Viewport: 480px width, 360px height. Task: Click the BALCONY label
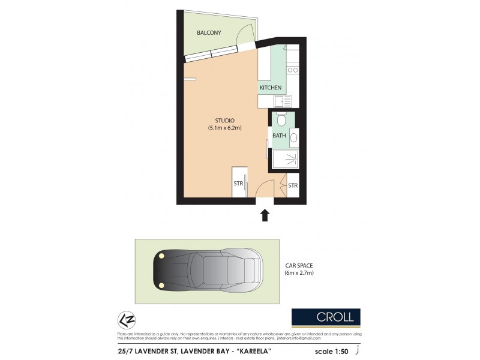pyautogui.click(x=209, y=32)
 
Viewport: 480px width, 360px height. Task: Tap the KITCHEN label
pyautogui.click(x=270, y=88)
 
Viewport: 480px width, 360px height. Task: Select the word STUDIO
pyautogui.click(x=224, y=120)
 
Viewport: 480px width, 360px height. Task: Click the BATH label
pyautogui.click(x=279, y=136)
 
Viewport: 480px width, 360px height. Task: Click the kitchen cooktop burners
pyautogui.click(x=293, y=70)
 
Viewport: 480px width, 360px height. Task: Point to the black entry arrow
pyautogui.click(x=265, y=215)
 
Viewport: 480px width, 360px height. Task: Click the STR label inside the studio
pyautogui.click(x=238, y=184)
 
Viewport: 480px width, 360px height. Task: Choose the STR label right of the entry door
pyautogui.click(x=293, y=185)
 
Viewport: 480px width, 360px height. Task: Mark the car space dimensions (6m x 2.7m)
pyautogui.click(x=299, y=273)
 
